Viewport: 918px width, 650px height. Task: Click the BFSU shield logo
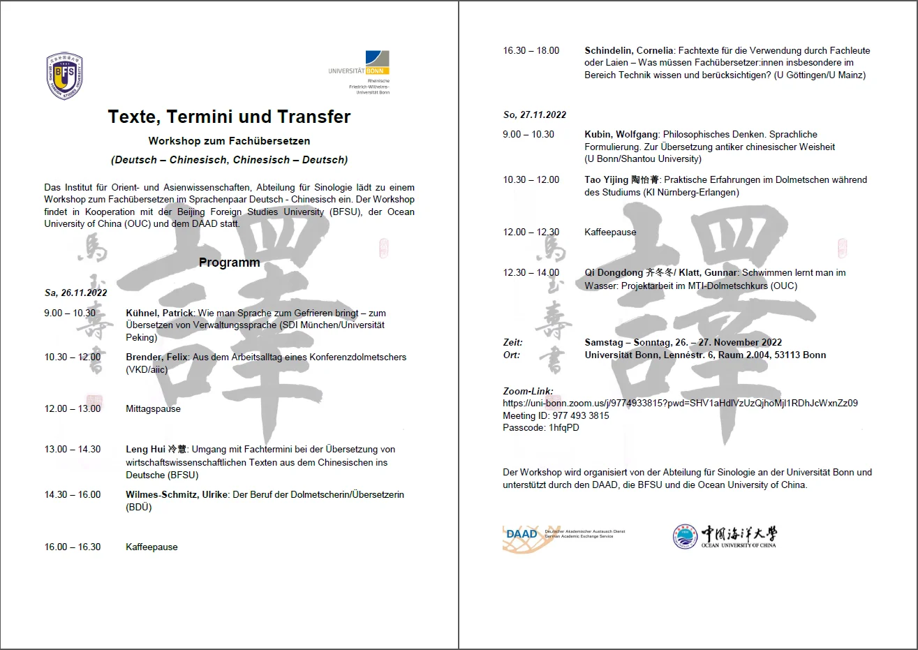click(x=65, y=76)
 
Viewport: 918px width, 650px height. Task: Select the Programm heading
click(x=229, y=263)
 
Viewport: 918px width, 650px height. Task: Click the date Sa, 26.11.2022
click(x=75, y=293)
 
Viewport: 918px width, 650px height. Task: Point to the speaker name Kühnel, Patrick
click(x=159, y=313)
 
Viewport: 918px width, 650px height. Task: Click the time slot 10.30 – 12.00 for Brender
click(x=73, y=357)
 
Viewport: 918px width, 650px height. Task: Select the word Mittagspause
click(x=153, y=408)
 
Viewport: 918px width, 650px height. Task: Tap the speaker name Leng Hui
click(x=146, y=449)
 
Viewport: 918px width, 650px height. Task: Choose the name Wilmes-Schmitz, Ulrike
click(x=177, y=494)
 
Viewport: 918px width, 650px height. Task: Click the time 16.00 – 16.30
click(x=73, y=547)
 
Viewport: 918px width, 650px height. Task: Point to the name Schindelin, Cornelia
click(x=628, y=50)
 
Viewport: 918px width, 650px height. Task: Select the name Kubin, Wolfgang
click(x=621, y=134)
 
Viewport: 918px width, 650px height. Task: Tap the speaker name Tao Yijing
click(x=606, y=179)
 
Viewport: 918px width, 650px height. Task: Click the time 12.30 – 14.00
click(x=531, y=272)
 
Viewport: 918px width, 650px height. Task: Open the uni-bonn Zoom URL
click(x=680, y=403)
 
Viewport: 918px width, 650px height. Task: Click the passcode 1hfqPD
click(x=563, y=427)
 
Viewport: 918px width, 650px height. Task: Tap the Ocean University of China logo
click(x=725, y=536)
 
